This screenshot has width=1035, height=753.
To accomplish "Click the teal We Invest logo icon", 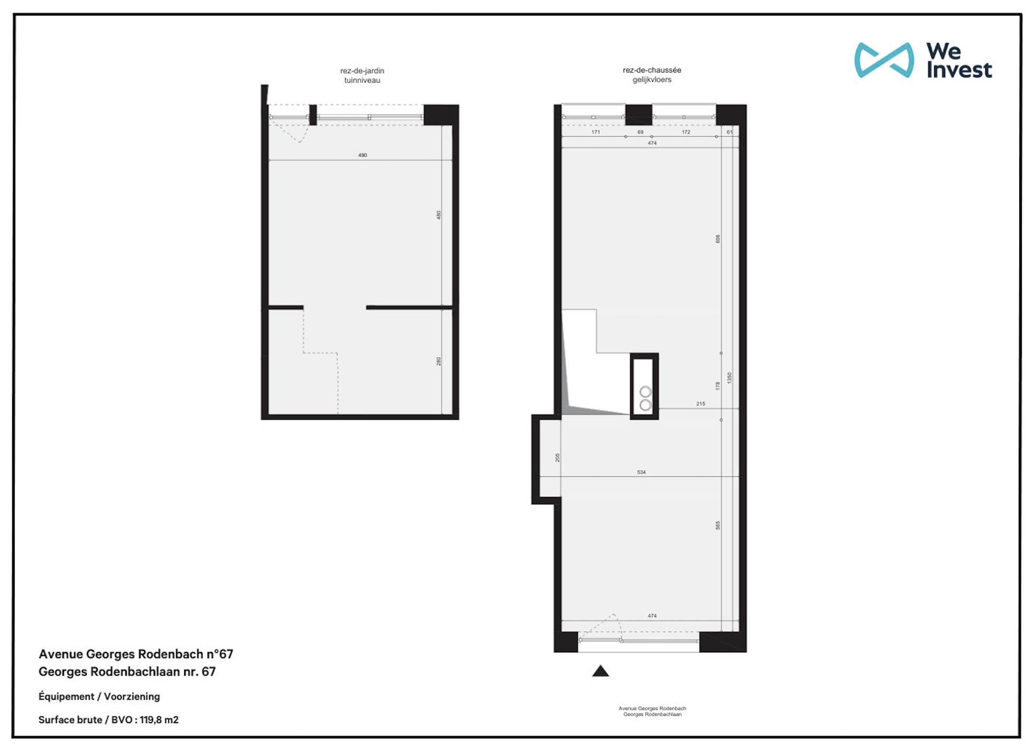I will pyautogui.click(x=883, y=60).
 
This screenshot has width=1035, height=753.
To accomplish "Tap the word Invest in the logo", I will pyautogui.click(x=959, y=70).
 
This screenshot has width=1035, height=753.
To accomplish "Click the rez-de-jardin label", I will pyautogui.click(x=362, y=71).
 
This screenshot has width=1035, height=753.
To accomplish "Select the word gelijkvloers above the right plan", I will pyautogui.click(x=652, y=79).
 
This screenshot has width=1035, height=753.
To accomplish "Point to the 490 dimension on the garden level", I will pyautogui.click(x=362, y=155).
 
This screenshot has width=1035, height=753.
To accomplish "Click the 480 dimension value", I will pyautogui.click(x=438, y=215).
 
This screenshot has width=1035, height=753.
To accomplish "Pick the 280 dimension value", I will pyautogui.click(x=438, y=361).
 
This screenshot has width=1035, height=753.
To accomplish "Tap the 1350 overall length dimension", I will pyautogui.click(x=729, y=378).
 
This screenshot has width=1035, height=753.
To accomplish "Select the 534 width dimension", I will pyautogui.click(x=641, y=472).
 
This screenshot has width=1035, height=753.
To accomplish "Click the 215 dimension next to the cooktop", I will pyautogui.click(x=700, y=404).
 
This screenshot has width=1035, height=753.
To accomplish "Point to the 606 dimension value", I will pyautogui.click(x=718, y=239).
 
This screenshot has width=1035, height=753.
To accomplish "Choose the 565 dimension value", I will pyautogui.click(x=718, y=526).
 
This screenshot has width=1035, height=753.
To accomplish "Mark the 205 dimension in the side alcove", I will pyautogui.click(x=557, y=458).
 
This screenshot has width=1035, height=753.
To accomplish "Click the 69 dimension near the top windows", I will pyautogui.click(x=640, y=132).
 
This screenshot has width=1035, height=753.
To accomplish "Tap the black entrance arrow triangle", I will pyautogui.click(x=600, y=671).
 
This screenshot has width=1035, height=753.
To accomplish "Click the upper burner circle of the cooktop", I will pyautogui.click(x=645, y=392).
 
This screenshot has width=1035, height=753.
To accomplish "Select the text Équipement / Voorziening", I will pyautogui.click(x=99, y=697).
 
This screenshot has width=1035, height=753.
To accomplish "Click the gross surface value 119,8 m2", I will pyautogui.click(x=159, y=720).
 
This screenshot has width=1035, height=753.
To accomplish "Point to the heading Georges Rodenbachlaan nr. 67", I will pyautogui.click(x=127, y=672).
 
